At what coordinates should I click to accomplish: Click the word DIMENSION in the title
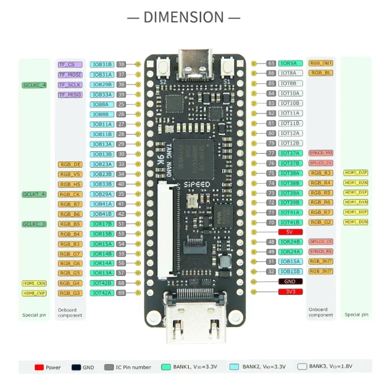tap(184, 17)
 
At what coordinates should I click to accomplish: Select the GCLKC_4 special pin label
tap(34, 85)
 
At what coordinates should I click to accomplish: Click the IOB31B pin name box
tap(102, 64)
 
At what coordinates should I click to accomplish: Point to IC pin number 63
tap(271, 63)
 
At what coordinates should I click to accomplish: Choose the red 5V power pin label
tap(289, 232)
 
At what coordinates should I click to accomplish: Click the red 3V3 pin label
tap(289, 291)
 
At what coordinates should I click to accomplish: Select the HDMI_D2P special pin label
tap(356, 172)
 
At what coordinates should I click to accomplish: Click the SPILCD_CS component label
tap(321, 242)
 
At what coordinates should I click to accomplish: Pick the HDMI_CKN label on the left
tap(34, 283)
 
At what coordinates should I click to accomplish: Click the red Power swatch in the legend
tap(39, 367)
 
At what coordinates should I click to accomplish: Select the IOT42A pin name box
tap(102, 293)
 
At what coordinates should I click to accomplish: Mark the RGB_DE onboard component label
tap(70, 164)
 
